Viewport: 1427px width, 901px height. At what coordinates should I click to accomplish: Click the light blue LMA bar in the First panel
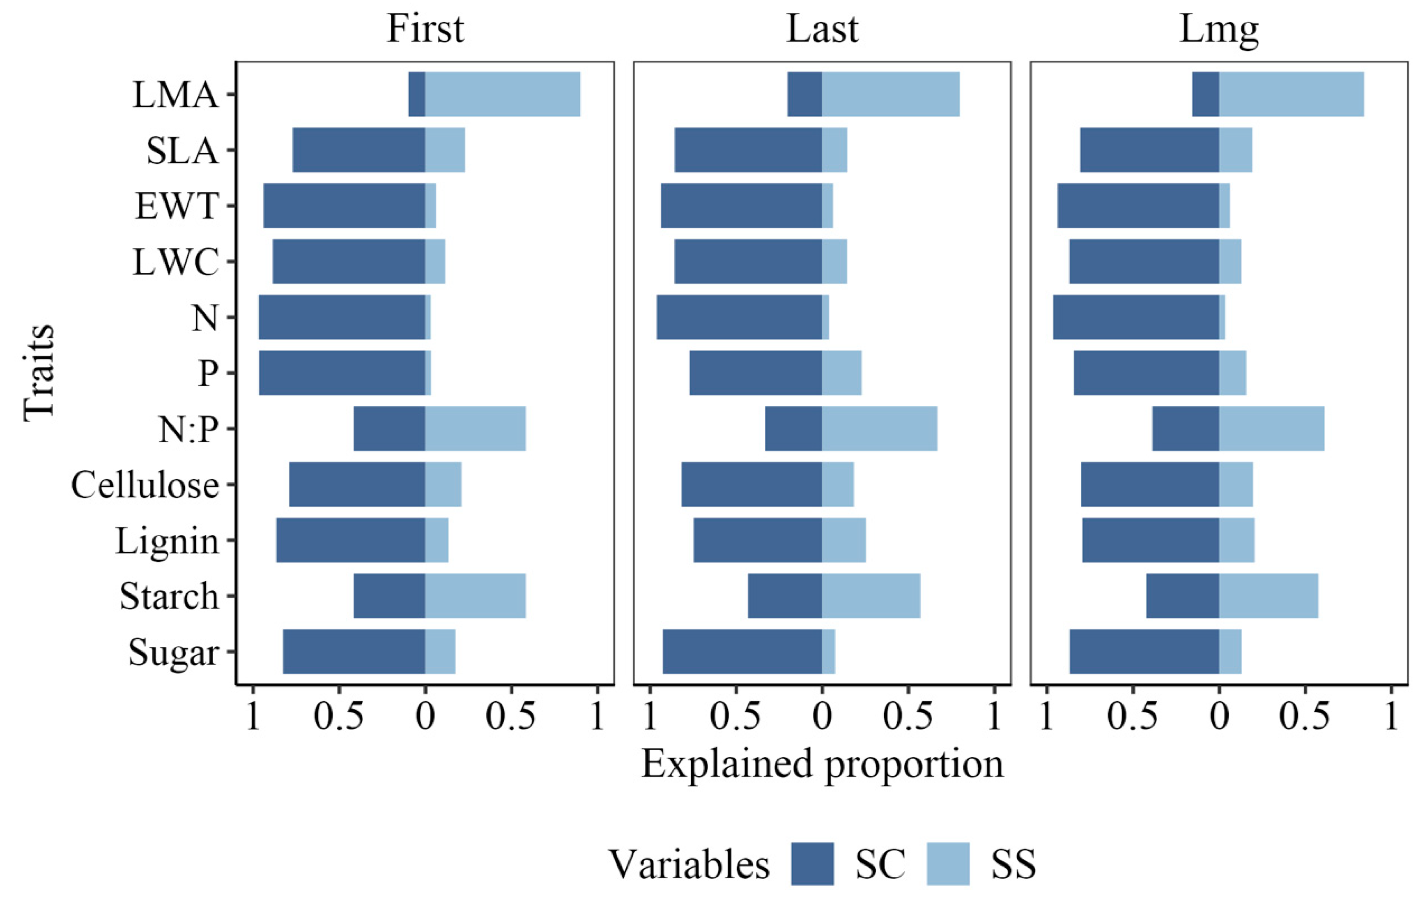click(x=503, y=94)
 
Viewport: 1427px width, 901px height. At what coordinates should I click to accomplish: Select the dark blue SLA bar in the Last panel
click(x=748, y=150)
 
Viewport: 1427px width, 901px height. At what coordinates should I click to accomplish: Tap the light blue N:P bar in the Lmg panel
click(x=1271, y=429)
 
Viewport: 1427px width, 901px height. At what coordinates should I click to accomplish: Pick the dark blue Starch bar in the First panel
click(x=389, y=596)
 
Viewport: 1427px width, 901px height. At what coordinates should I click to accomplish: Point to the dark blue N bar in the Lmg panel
click(x=1135, y=317)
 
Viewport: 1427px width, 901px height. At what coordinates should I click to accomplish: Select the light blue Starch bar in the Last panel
click(x=871, y=596)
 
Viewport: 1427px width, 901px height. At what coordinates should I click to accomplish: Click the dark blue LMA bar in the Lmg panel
click(x=1205, y=94)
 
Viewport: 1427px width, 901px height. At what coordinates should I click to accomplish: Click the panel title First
click(x=425, y=28)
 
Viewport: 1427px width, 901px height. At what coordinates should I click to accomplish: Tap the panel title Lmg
click(x=1218, y=28)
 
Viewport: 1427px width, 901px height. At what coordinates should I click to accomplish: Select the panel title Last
click(x=822, y=28)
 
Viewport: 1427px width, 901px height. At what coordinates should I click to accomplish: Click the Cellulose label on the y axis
click(x=145, y=485)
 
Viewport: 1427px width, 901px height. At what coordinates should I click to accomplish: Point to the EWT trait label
click(x=177, y=206)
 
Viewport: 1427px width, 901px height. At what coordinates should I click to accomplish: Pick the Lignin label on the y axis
click(x=167, y=541)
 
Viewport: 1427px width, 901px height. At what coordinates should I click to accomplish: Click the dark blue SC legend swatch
click(x=812, y=864)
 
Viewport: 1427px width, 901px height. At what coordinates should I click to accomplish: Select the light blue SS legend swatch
click(x=948, y=864)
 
